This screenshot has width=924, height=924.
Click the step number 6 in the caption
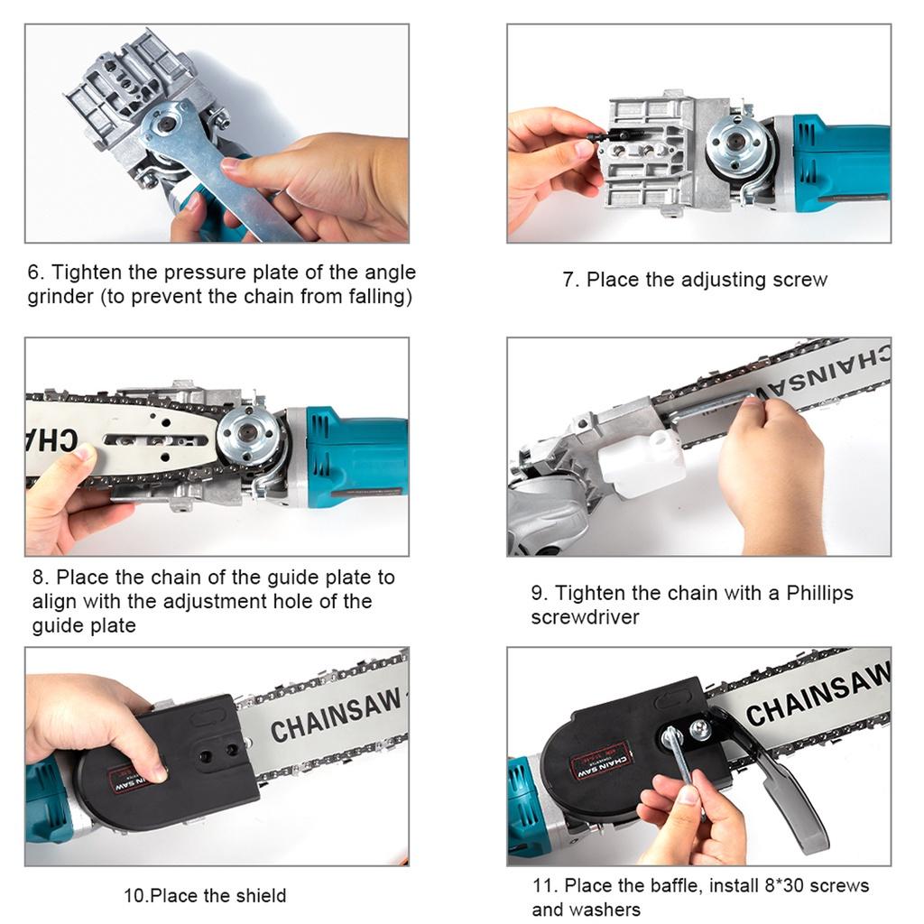35,273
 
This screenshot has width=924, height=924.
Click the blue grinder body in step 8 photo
356,456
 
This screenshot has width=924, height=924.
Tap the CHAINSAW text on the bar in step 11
817,695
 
